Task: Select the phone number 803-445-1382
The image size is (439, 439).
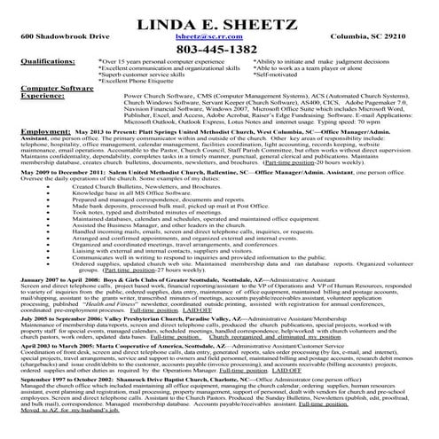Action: point(218,50)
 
